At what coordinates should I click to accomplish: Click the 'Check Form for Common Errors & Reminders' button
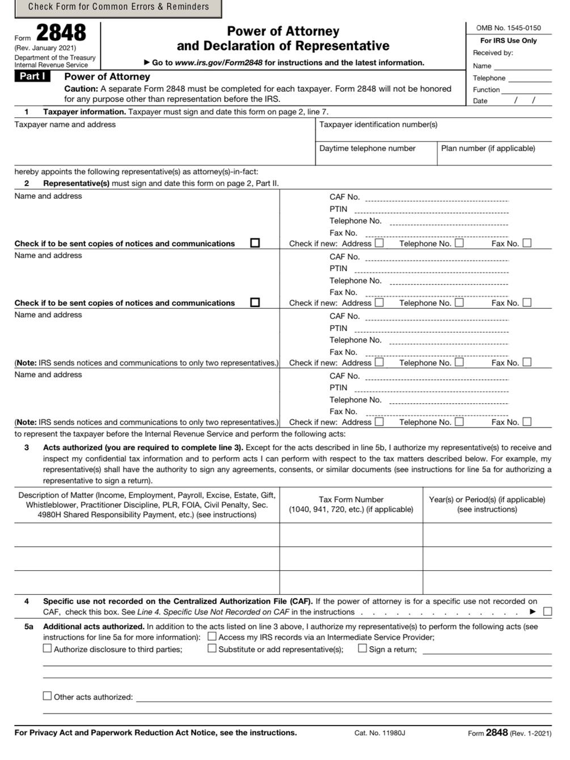pos(118,7)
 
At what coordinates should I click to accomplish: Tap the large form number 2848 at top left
pos(61,33)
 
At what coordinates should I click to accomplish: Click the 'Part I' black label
pos(32,76)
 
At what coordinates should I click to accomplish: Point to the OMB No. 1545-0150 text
pos(508,28)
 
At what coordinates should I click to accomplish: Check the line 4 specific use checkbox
pos(547,612)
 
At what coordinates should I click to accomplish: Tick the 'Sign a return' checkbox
pos(362,648)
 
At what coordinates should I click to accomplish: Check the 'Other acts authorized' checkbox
pos(48,696)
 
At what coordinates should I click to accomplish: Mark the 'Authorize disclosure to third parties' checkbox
pos(48,648)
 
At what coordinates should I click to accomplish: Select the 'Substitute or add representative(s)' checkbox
pos(212,648)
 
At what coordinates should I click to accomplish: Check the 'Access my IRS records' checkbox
pos(212,637)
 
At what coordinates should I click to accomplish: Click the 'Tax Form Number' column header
pos(351,505)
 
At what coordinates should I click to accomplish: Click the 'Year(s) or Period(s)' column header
pos(487,505)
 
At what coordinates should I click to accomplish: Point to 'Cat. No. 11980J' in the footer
pos(380,733)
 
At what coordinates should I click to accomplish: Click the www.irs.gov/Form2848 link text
pos(219,63)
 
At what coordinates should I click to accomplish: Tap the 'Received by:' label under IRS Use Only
pos(493,53)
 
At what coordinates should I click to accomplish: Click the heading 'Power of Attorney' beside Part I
pos(107,76)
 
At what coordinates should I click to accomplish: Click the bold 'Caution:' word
pos(81,89)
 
